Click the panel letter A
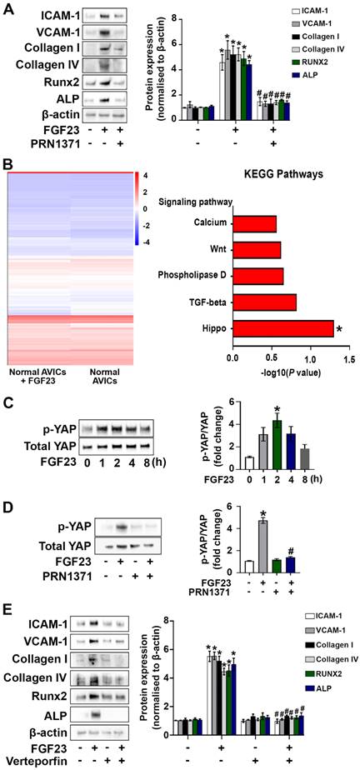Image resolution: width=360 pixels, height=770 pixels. [x=7, y=7]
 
